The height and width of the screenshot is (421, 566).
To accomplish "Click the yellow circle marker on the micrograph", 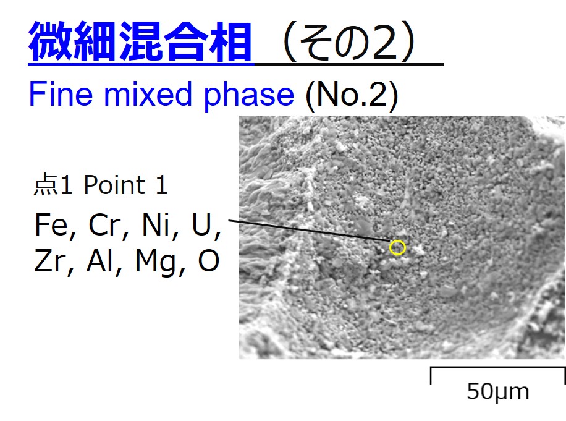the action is coord(397,240).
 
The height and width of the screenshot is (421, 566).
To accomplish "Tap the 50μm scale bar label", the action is coord(498,392).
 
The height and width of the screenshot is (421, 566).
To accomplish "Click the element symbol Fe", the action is coord(51,224).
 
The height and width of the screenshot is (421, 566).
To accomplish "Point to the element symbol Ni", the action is coord(156,224).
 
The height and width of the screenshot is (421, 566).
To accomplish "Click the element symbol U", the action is coord(201,224).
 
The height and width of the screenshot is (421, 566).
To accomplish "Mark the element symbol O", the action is coord(209,261).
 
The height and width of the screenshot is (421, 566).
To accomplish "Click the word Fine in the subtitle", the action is coord(61,94).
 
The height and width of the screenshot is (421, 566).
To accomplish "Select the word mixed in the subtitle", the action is coord(148,94).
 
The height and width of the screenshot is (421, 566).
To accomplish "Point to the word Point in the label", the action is coord(115,185).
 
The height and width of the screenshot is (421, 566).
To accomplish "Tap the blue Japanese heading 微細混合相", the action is coord(140,41).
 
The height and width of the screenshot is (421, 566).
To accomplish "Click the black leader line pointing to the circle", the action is coord(310,231).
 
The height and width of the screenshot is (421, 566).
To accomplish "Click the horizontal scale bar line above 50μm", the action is coord(498,368).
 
